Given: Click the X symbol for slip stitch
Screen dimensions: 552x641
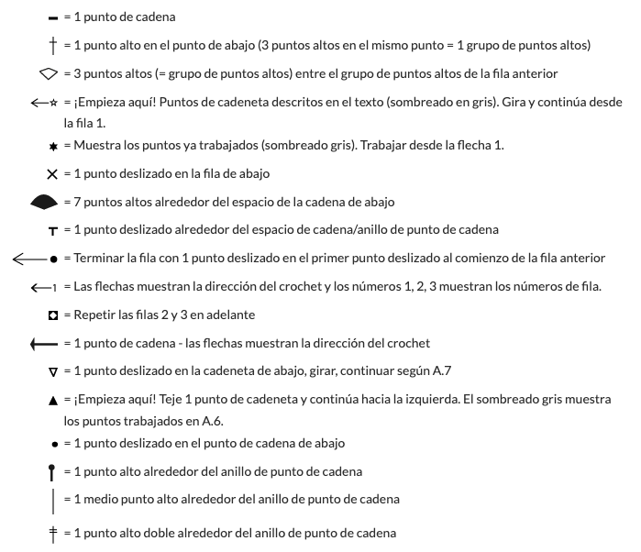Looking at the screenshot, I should pyautogui.click(x=52, y=173).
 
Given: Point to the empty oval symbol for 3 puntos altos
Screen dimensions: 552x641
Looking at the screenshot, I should pyautogui.click(x=49, y=72).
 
